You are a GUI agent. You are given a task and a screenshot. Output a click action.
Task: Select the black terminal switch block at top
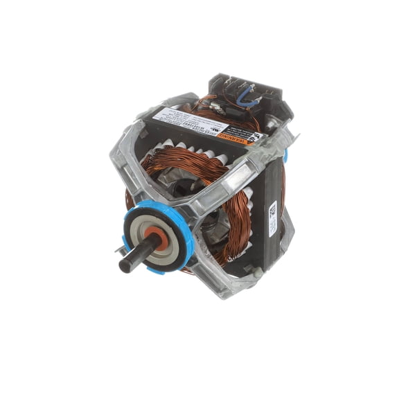[x=254, y=94]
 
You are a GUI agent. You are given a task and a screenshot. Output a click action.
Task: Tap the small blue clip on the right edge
[x=285, y=156]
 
